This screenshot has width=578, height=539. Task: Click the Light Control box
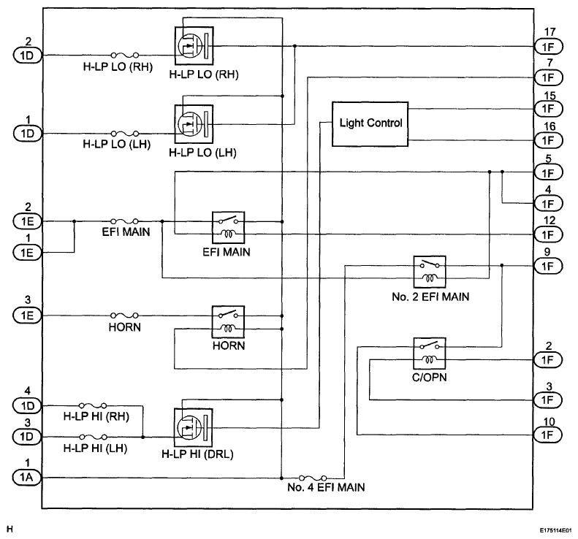coord(370,124)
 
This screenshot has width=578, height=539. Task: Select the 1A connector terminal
coord(27,478)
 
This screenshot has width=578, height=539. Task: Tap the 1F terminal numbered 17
coord(548,47)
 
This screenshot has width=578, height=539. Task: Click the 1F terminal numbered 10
coord(548,435)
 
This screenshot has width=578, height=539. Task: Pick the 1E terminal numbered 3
coord(27,316)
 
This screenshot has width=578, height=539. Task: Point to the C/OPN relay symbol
coord(430,353)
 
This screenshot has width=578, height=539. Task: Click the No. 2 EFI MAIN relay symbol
coord(430,272)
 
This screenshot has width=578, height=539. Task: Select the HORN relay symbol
coord(228,321)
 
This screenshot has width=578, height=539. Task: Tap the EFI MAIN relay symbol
coord(228,228)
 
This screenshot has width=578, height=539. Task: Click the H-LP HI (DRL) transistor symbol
coord(193,427)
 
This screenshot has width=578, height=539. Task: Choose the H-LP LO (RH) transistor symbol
coord(194,46)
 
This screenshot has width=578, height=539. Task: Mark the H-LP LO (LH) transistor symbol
coord(194,124)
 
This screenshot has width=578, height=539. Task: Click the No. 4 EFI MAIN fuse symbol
coord(313,478)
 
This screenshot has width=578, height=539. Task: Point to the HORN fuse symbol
coord(125,316)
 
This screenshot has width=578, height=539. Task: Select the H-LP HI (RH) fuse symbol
coord(94,405)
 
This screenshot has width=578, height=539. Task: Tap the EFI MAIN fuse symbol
coord(125,221)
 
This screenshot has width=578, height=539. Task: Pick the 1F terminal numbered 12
coord(548,234)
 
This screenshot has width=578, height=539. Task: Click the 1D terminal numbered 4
coord(27,405)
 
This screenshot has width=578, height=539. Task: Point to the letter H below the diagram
coord(10,530)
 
